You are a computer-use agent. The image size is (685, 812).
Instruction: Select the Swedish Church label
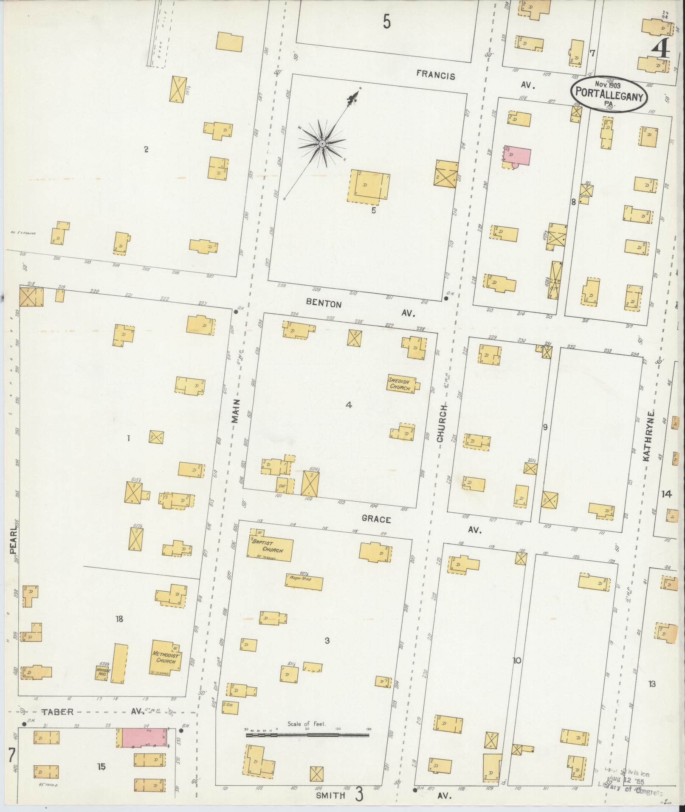coord(399,385)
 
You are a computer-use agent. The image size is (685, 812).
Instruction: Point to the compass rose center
coord(322,144)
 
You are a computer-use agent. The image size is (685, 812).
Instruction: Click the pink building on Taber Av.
coord(143,738)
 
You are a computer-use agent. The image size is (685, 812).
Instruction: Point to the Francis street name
coord(435,76)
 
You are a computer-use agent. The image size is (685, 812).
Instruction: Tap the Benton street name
coord(324,304)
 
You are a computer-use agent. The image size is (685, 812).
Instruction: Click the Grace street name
coord(376,519)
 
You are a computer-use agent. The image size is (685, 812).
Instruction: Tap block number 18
coord(119,619)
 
